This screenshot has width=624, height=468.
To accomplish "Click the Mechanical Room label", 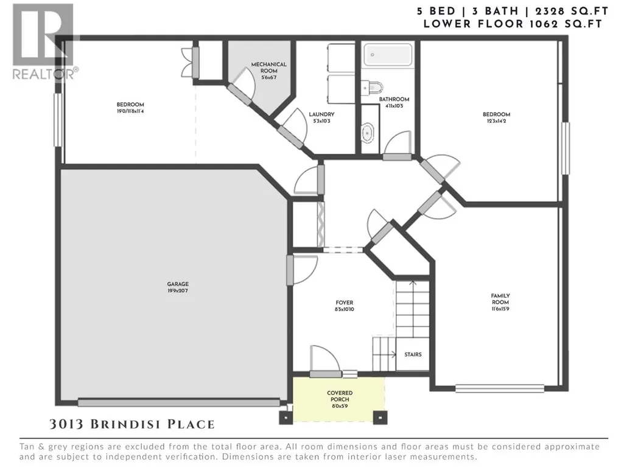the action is [268, 68].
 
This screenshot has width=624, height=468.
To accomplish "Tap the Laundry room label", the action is [321, 114].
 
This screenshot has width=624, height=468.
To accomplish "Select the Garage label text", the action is [178, 284].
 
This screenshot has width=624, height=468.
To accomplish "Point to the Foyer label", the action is [344, 302].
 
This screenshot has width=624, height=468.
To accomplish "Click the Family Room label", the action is [500, 299].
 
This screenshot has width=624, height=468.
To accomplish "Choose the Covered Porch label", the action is [340, 396].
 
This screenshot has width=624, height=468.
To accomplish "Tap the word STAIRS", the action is [413, 354].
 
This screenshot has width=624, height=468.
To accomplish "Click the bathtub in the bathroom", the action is [388, 55].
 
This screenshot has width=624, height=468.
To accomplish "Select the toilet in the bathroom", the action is [372, 88].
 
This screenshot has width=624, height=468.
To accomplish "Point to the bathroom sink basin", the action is [367, 133].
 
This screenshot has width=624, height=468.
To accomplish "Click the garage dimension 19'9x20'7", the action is [178, 290].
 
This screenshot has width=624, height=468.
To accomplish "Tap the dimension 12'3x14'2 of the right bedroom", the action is [496, 121].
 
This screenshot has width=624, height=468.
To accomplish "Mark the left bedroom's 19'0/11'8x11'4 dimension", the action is [130, 111].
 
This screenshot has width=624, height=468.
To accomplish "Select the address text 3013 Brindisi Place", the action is [132, 424].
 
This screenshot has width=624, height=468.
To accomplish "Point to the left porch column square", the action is [286, 417].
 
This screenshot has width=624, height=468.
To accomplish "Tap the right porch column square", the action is [380, 417].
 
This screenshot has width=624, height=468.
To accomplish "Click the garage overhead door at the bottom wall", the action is [179, 403].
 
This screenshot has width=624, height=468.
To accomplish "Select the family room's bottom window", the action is [500, 388].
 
